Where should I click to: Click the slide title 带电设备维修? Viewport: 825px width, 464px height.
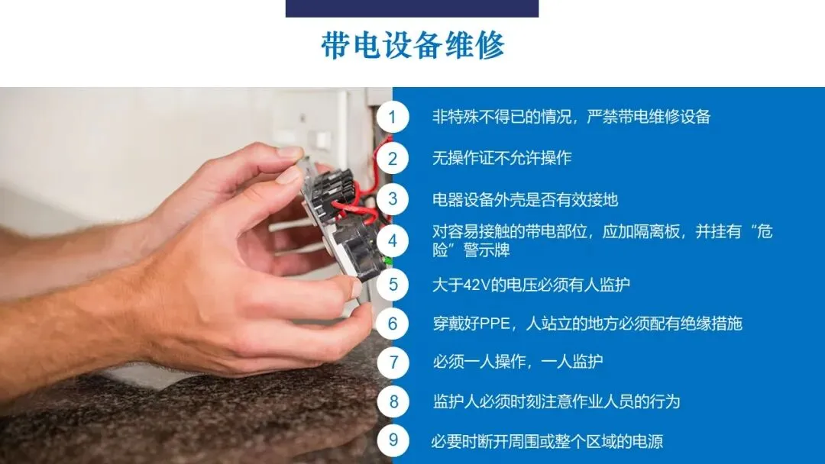(x=412, y=45)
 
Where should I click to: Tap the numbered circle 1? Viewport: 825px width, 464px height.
(x=393, y=118)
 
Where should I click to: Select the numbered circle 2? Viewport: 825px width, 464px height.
(x=393, y=158)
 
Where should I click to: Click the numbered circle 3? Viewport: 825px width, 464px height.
(x=393, y=199)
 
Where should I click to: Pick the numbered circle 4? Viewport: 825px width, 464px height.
(x=393, y=240)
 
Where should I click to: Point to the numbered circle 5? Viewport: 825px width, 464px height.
(x=393, y=285)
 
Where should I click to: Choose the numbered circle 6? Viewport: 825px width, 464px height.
(x=393, y=323)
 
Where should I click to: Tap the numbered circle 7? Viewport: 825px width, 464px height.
(x=393, y=362)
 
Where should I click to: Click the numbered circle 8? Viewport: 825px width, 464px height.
(x=393, y=401)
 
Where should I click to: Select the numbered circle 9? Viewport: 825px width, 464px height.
(x=393, y=440)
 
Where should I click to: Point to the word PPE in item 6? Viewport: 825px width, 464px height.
(x=494, y=323)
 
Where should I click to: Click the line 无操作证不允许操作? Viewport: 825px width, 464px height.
(x=502, y=158)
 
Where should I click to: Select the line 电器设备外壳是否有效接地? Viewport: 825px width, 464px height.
(x=525, y=200)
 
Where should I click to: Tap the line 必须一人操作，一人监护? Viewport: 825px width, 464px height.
(x=517, y=362)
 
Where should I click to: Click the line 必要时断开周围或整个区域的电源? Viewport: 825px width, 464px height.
(x=547, y=441)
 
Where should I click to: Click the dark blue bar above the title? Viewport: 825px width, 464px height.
(x=412, y=8)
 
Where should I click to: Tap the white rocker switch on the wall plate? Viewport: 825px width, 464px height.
(x=319, y=140)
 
